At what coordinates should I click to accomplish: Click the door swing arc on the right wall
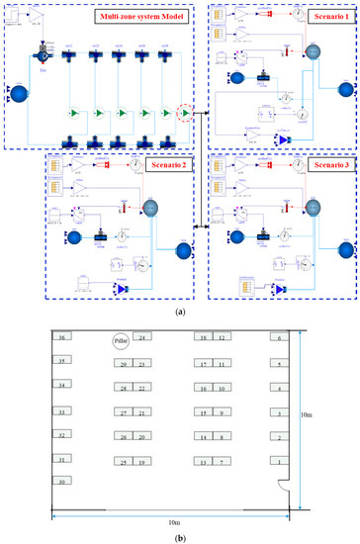[x=284, y=489]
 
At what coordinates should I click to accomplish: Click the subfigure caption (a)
[x=178, y=311]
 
